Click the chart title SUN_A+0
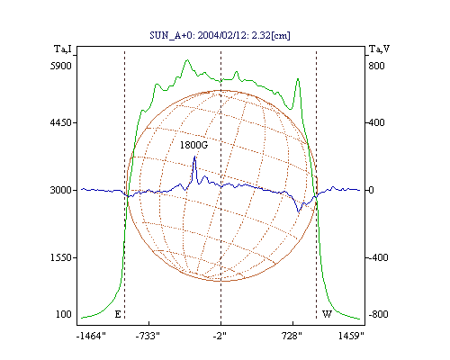point(169,35)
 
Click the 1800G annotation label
point(193,145)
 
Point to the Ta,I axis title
point(63,49)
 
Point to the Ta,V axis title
point(379,49)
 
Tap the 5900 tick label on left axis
point(61,66)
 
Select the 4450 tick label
point(61,122)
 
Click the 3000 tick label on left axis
point(61,190)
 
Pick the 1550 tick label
point(61,257)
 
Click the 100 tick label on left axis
point(64,314)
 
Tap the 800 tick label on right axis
point(376,66)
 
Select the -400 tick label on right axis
point(378,257)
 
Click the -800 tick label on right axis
point(378,314)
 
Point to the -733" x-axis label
point(148,336)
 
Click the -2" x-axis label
point(220,336)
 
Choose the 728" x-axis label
point(292,336)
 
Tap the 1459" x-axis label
point(351,336)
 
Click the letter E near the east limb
point(118,314)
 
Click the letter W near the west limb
point(327,314)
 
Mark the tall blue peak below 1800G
point(194,157)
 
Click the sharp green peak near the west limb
point(298,79)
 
